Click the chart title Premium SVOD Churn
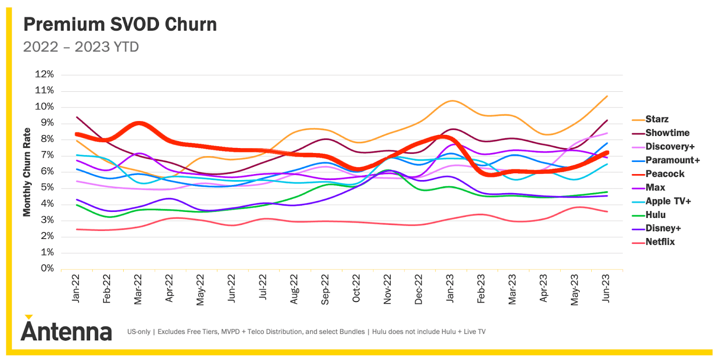pyautogui.click(x=120, y=24)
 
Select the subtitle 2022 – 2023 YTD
pyautogui.click(x=81, y=47)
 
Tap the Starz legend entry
pyautogui.click(x=657, y=119)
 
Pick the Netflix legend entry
pyautogui.click(x=660, y=242)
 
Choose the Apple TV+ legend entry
pyautogui.click(x=668, y=201)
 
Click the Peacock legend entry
pyautogui.click(x=665, y=174)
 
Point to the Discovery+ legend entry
pyautogui.click(x=670, y=147)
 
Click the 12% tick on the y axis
pyautogui.click(x=45, y=74)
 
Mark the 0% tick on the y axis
pyautogui.click(x=47, y=269)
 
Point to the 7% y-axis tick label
pyautogui.click(x=47, y=155)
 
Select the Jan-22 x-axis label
pyautogui.click(x=76, y=288)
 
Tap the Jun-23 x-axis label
pyautogui.click(x=606, y=288)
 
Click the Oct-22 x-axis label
pyautogui.click(x=356, y=288)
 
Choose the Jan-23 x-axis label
pyautogui.click(x=450, y=288)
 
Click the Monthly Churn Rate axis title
pyautogui.click(x=27, y=172)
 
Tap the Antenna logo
pyautogui.click(x=67, y=331)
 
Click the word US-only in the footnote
pyautogui.click(x=139, y=332)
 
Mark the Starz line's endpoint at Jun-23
pyautogui.click(x=607, y=96)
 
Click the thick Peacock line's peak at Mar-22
pyautogui.click(x=139, y=124)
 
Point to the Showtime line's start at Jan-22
pyautogui.click(x=77, y=117)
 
